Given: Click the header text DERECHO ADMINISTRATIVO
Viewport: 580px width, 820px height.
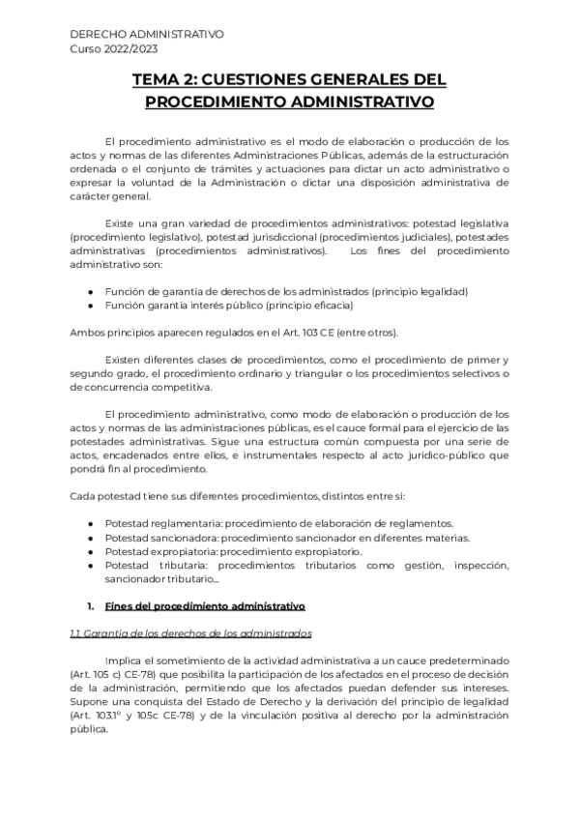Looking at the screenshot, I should pos(147,34).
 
